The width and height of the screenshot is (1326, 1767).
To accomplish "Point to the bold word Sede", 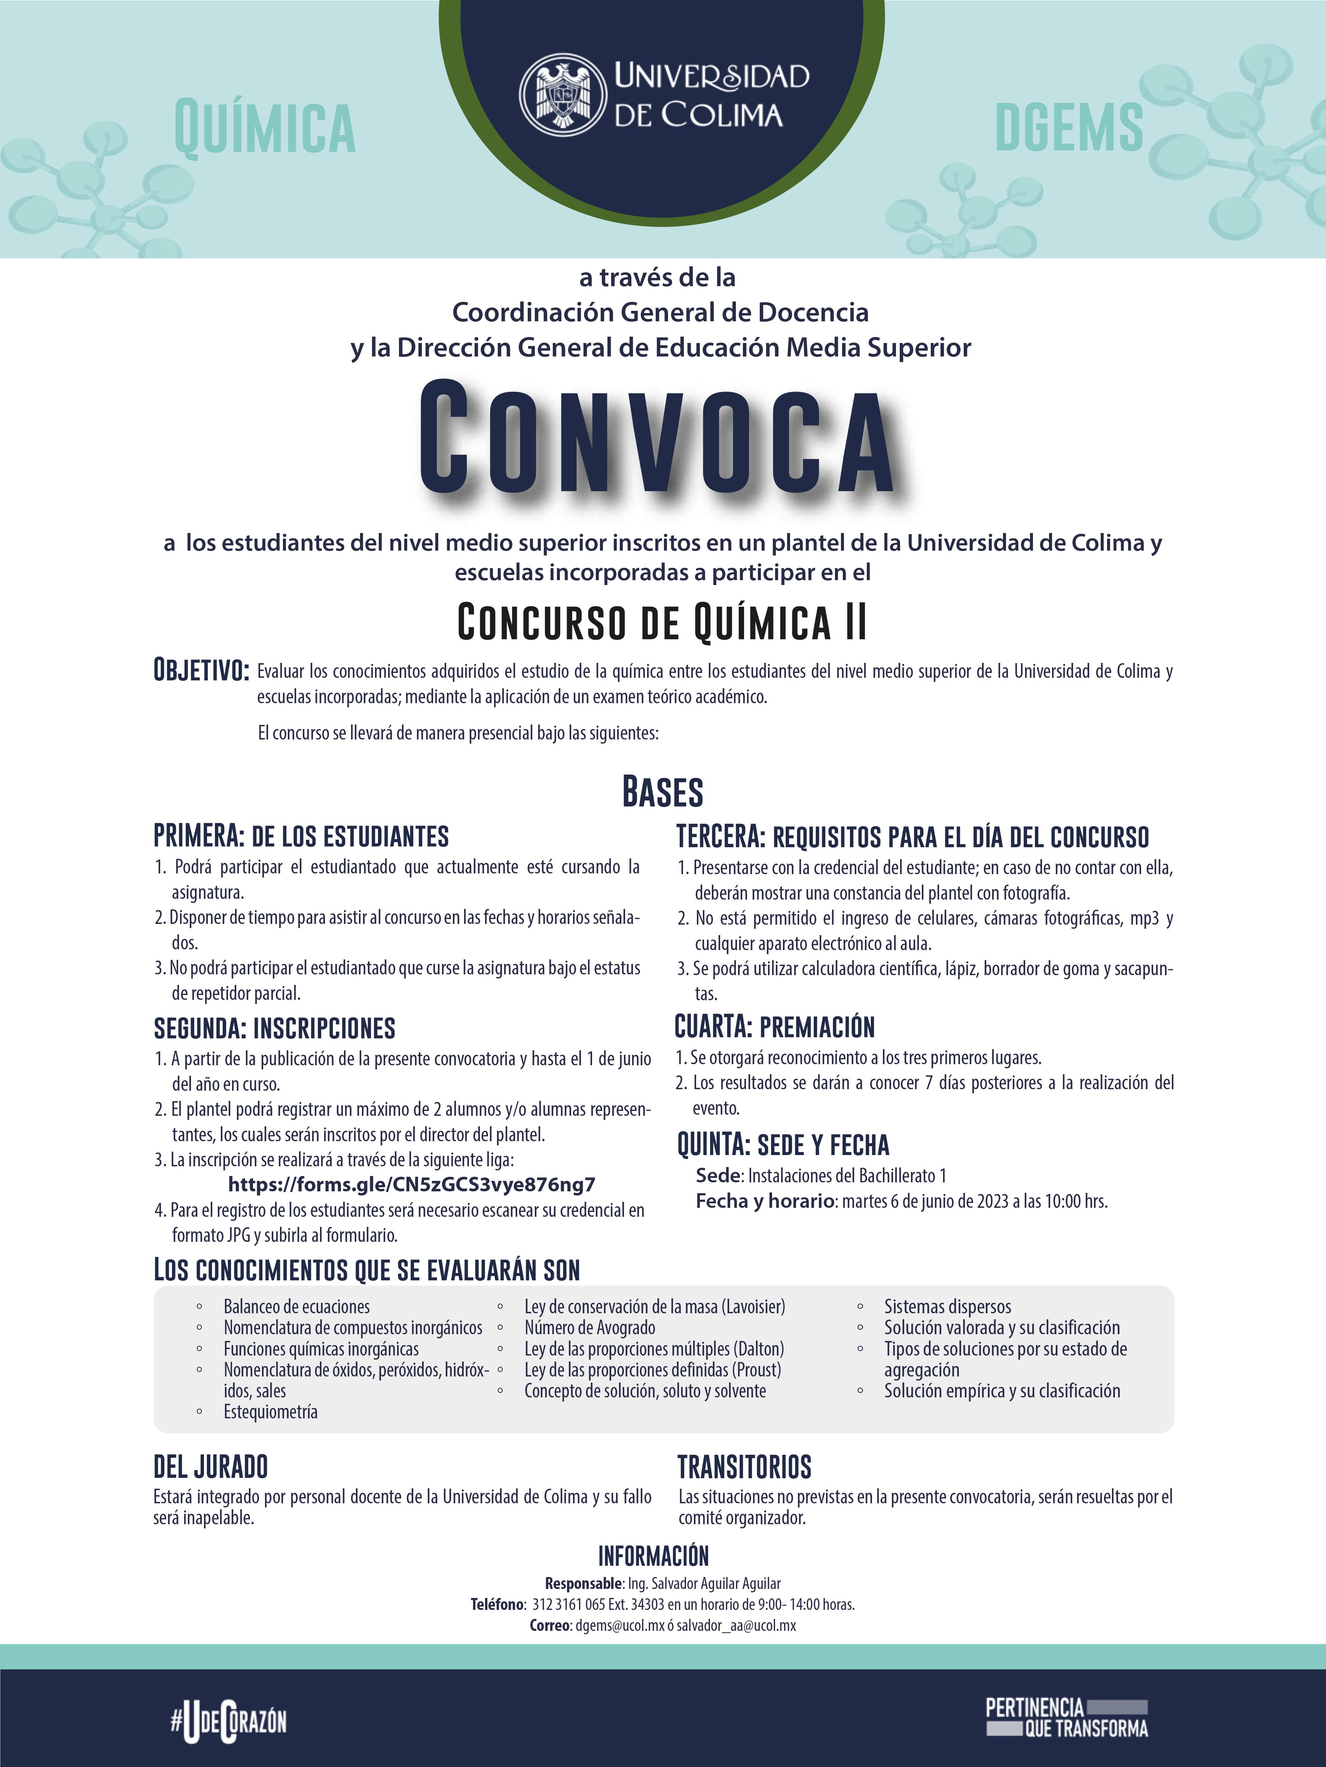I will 719,1175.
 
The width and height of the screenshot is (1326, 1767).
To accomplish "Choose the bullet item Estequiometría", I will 270,1412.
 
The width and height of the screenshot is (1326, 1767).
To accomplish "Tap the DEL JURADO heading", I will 210,1467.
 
